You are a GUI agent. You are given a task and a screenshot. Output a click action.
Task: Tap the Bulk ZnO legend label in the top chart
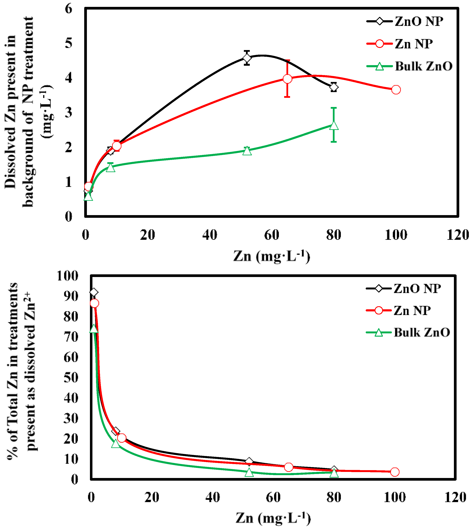click(424, 66)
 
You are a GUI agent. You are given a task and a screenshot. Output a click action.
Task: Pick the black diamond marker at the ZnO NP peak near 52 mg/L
click(247, 58)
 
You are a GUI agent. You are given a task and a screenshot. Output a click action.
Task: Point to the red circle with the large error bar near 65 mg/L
click(287, 79)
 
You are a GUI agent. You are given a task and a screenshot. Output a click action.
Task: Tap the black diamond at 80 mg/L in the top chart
click(334, 87)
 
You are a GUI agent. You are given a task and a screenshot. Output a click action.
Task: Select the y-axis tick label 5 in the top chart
click(69, 43)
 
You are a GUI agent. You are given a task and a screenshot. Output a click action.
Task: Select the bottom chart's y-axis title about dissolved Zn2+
click(22, 372)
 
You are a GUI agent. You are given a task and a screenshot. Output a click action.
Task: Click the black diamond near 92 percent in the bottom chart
click(94, 293)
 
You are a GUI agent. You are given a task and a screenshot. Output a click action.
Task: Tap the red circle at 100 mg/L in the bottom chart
click(395, 472)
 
